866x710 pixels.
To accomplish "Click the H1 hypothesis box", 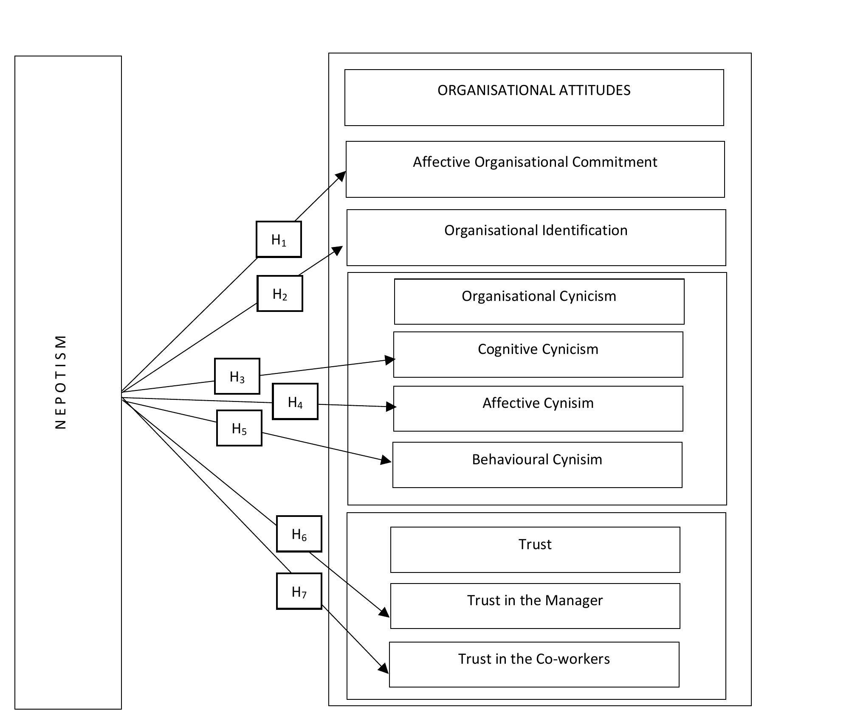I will pyautogui.click(x=279, y=239).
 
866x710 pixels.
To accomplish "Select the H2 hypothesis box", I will pyautogui.click(x=279, y=294).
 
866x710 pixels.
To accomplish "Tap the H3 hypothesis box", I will pyautogui.click(x=237, y=376).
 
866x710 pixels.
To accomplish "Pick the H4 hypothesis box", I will pyautogui.click(x=295, y=401).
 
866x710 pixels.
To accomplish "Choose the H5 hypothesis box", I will pyautogui.click(x=239, y=428).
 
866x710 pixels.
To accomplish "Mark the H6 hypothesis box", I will pyautogui.click(x=299, y=534).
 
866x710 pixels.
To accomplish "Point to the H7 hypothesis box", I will pyautogui.click(x=299, y=591).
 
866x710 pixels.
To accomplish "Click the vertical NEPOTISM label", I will pyautogui.click(x=61, y=382).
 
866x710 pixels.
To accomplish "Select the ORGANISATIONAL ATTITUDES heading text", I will pyautogui.click(x=534, y=90).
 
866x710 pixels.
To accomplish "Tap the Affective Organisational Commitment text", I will pyautogui.click(x=535, y=162).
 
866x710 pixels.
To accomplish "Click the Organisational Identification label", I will pyautogui.click(x=536, y=230).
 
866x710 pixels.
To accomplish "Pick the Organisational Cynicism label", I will pyautogui.click(x=539, y=296).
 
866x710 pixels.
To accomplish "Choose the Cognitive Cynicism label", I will pyautogui.click(x=538, y=349).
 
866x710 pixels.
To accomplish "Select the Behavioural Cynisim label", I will pyautogui.click(x=537, y=460).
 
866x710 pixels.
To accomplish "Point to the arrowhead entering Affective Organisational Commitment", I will pyautogui.click(x=341, y=176).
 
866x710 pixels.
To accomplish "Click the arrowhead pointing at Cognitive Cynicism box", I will pyautogui.click(x=389, y=360).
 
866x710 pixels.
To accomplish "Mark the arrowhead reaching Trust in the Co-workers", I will pyautogui.click(x=384, y=668).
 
